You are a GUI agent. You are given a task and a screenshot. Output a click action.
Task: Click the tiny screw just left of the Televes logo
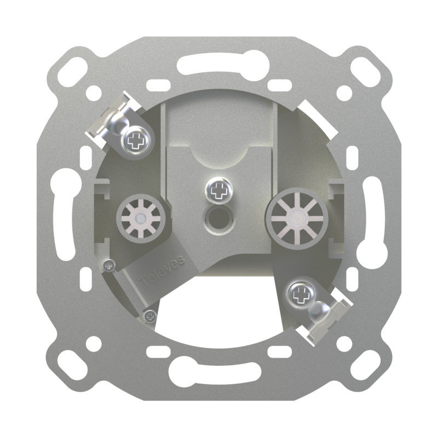click(x=108, y=265)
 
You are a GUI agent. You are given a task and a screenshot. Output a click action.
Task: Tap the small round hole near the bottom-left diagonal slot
click(x=94, y=343)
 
